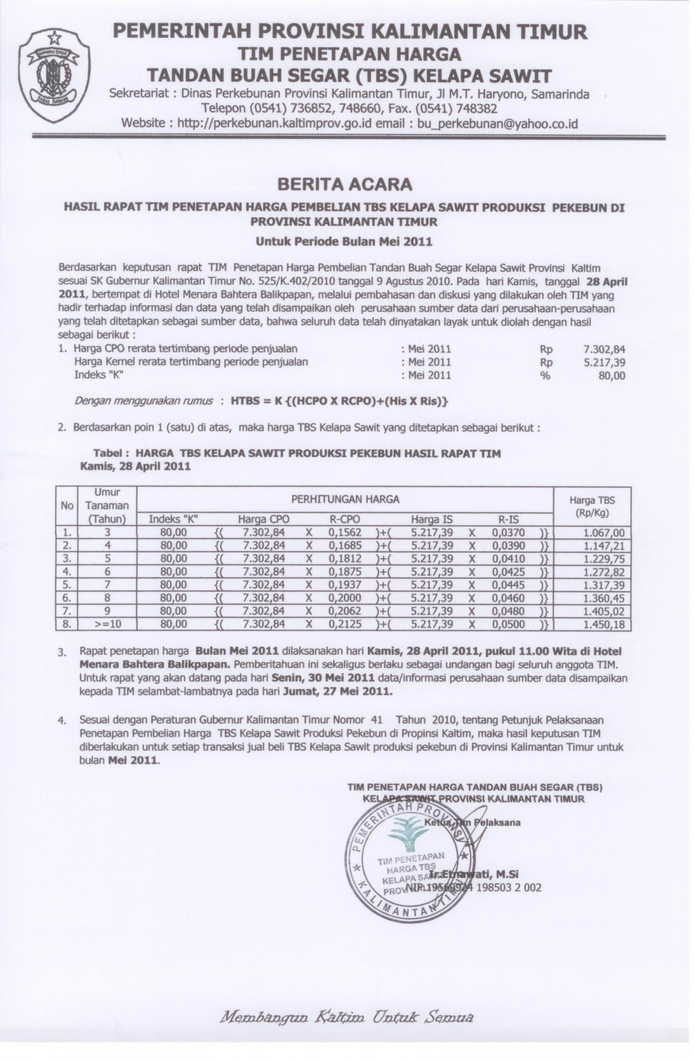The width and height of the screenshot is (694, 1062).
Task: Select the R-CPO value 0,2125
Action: (x=346, y=624)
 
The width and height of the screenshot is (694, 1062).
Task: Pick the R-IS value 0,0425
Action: (x=508, y=572)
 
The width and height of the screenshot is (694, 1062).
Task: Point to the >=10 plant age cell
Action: (x=107, y=624)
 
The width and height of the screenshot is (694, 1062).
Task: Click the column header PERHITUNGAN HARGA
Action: (x=345, y=500)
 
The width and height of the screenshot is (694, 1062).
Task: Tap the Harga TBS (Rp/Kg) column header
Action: (x=592, y=506)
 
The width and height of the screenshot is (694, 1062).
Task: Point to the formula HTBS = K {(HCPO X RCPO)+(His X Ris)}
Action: (x=339, y=401)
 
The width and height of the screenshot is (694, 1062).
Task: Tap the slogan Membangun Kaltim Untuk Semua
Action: (x=346, y=1015)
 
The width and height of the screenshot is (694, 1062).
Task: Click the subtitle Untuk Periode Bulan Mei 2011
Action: (x=344, y=241)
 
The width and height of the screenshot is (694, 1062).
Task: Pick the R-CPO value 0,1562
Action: (x=346, y=532)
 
